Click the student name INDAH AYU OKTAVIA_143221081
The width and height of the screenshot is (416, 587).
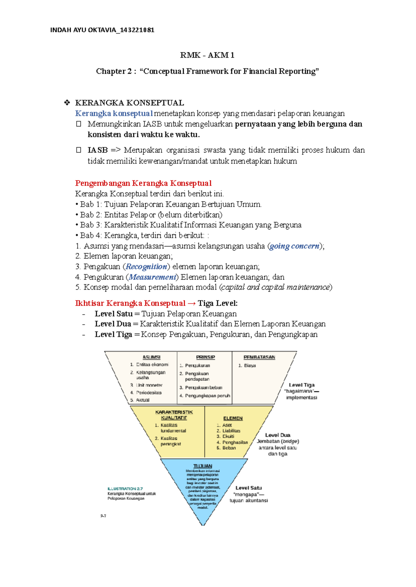[102, 30]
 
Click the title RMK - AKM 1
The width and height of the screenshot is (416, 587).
[207, 55]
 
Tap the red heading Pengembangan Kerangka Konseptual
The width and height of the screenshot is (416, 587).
[143, 183]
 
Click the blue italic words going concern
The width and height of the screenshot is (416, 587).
[294, 246]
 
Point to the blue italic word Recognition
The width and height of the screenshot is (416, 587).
[146, 266]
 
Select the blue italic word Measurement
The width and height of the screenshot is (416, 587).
[153, 277]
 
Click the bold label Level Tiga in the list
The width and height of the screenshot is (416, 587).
[113, 334]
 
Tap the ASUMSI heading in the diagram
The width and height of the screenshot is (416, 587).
[151, 357]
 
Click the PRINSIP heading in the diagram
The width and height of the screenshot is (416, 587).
[206, 357]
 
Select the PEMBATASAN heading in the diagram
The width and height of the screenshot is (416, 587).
[259, 357]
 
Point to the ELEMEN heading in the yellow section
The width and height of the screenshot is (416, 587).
[233, 418]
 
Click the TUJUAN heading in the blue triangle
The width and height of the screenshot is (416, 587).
[203, 466]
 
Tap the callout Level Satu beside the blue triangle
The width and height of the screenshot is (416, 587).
[249, 488]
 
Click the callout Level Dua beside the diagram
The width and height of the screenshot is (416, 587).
[278, 435]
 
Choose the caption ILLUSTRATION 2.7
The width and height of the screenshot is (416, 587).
[125, 489]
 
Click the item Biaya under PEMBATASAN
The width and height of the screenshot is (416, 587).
[250, 365]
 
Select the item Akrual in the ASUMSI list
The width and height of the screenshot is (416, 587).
[142, 400]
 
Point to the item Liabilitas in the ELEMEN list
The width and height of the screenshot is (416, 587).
[231, 431]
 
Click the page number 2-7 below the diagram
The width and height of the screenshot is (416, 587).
[103, 516]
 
